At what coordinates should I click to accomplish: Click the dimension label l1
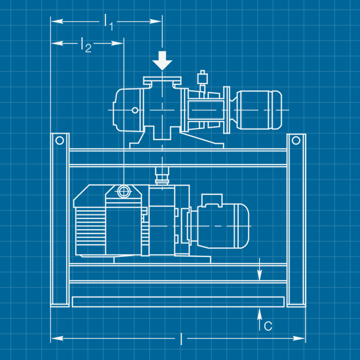coord(109,23)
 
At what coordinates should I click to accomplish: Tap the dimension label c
coord(267,326)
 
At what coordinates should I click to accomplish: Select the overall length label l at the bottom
coord(181,338)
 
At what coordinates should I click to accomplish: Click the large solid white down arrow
coord(163,61)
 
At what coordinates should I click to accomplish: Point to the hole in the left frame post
coord(60,140)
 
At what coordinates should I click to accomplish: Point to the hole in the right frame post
coord(296,140)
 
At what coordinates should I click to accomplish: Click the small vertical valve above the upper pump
coord(202,80)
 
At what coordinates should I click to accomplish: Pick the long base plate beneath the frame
coord(178,302)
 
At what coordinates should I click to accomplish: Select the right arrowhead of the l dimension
coord(300,338)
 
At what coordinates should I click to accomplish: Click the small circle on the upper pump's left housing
coord(135,110)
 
